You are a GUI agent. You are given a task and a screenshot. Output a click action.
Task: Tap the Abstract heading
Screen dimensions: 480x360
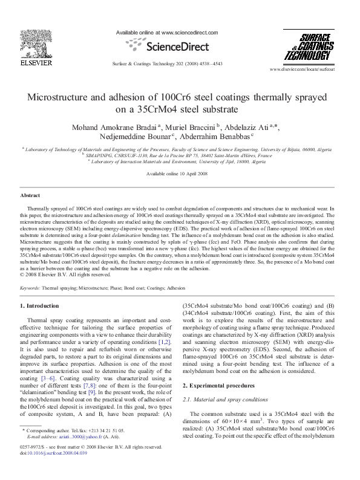30,196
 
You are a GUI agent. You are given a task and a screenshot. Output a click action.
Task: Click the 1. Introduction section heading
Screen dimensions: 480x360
40,306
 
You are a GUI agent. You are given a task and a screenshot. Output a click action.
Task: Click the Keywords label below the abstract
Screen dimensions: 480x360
30,288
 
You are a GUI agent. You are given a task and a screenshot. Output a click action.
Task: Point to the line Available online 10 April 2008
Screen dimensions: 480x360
180,174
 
